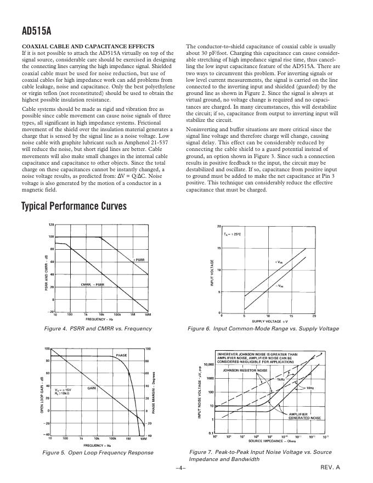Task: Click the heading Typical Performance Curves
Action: [x=74, y=206]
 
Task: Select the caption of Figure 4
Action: [x=98, y=328]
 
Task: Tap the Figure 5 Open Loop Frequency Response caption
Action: [x=98, y=452]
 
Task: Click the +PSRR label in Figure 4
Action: [x=139, y=259]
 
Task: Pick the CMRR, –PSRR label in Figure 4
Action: [x=92, y=285]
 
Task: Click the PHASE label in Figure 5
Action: [x=121, y=355]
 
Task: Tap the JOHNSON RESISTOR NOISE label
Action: [x=245, y=370]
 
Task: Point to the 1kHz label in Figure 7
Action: [x=280, y=379]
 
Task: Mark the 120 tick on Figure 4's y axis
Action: [x=51, y=225]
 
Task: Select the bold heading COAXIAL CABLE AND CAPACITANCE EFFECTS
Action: [x=88, y=46]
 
